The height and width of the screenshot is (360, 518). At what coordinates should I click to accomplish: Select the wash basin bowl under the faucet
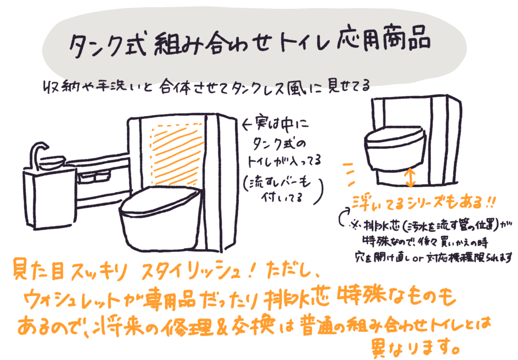[x=52, y=163]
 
